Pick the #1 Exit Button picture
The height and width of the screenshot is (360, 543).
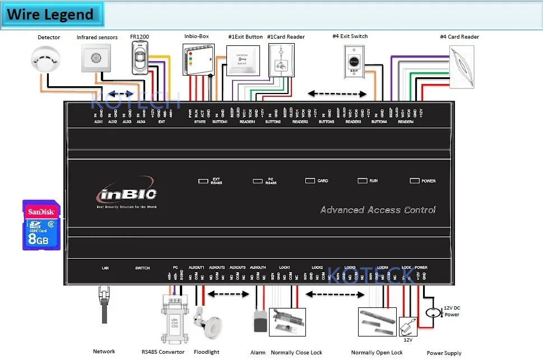point(244,61)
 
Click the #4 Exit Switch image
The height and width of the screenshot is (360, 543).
point(355,60)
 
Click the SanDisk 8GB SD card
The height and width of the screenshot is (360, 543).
point(41,225)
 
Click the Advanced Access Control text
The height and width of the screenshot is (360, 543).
point(378,210)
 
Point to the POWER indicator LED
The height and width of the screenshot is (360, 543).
point(415,181)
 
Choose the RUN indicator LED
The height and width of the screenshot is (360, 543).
point(362,181)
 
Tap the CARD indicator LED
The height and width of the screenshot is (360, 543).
point(310,181)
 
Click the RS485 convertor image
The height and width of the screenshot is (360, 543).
point(173,321)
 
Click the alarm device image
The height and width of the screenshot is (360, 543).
point(259,322)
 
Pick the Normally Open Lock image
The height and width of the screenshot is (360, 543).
point(377,322)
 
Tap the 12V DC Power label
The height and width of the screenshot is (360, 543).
point(451,311)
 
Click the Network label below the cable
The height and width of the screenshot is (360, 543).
point(104,352)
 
